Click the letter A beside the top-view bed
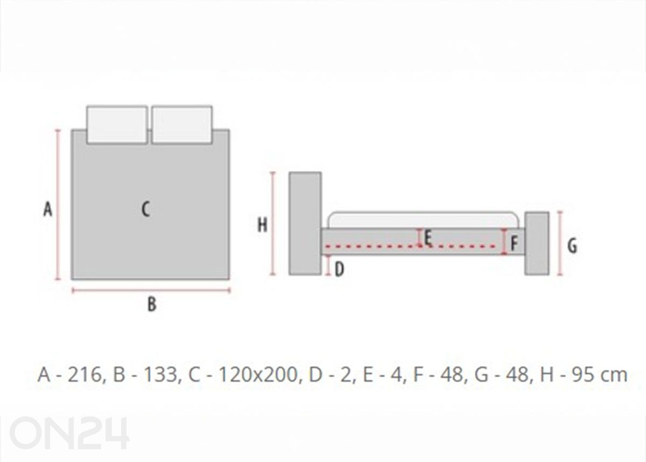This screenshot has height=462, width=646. [x=48, y=209]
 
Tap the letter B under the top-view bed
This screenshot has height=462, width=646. [x=152, y=304]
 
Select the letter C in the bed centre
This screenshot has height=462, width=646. [x=146, y=209]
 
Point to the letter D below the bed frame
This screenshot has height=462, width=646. [x=340, y=269]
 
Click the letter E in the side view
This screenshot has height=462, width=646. [x=428, y=238]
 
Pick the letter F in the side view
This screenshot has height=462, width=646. [x=514, y=243]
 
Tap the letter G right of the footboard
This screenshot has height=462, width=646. [x=572, y=246]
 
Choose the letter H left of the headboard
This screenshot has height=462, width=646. [x=262, y=225]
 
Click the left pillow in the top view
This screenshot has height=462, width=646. [x=117, y=124]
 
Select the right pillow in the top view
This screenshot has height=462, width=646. [x=182, y=124]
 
